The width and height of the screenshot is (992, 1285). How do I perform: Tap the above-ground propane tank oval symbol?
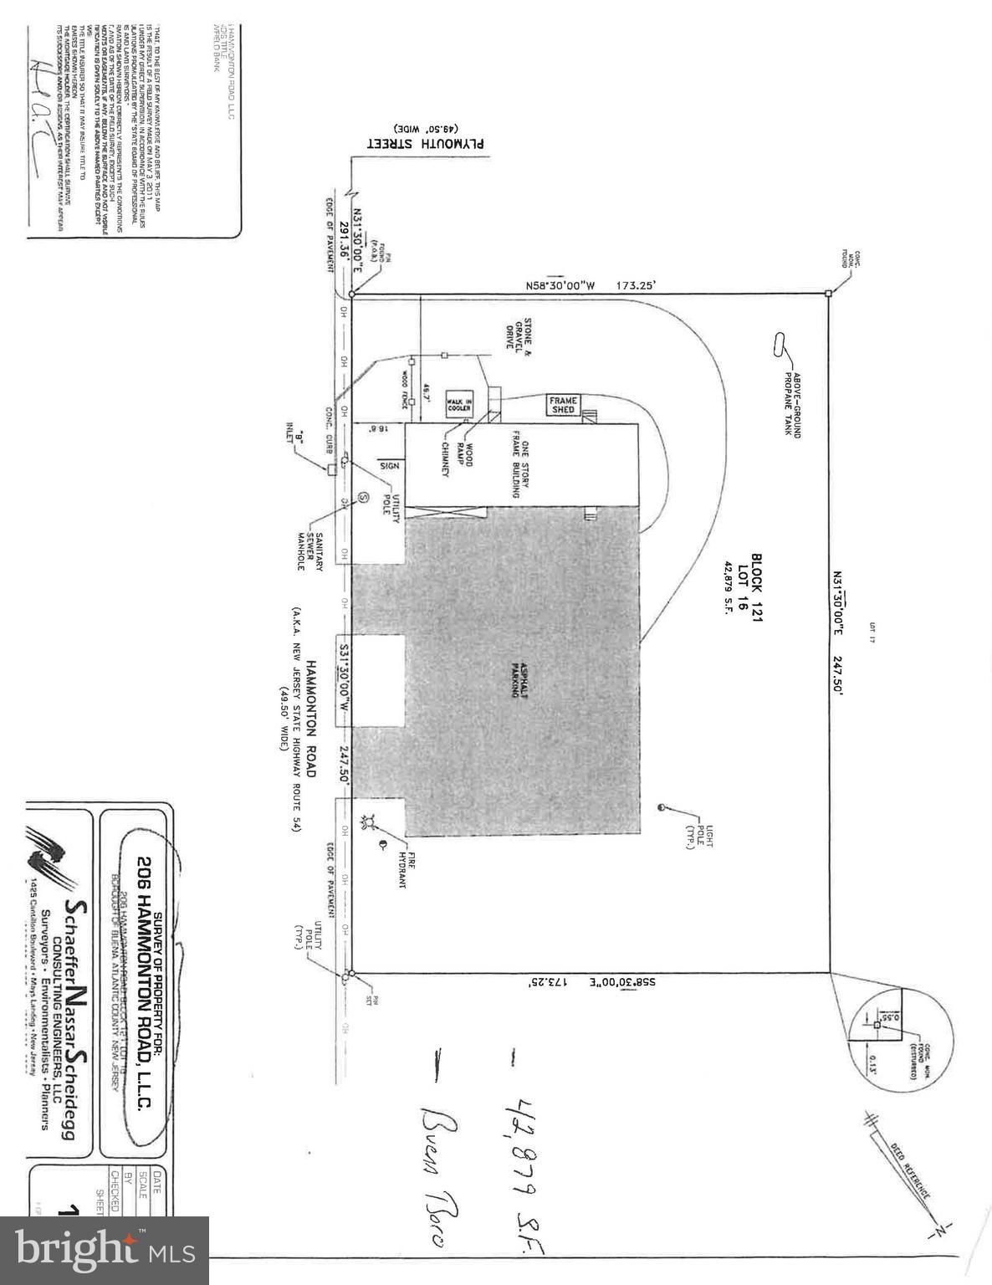point(781,346)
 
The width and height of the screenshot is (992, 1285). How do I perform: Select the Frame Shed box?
point(564,406)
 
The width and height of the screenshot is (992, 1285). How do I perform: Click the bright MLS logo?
point(105,1251)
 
